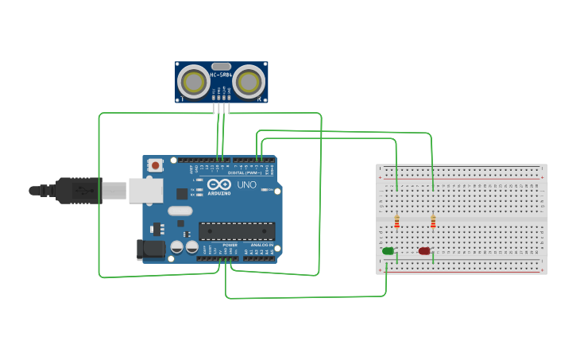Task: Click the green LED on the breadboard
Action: tap(388, 251)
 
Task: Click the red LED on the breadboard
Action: tap(424, 251)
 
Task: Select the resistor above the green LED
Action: tap(396, 221)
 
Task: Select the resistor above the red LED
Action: tap(433, 221)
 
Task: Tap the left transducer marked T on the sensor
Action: tap(193, 81)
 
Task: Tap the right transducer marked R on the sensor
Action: tap(249, 81)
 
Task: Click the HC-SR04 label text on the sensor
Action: tap(221, 75)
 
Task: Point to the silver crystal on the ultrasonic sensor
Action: tap(221, 67)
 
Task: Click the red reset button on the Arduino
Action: tap(156, 165)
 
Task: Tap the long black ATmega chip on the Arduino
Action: tap(237, 231)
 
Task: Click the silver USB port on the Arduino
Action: tap(146, 191)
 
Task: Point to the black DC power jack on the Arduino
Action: tap(149, 250)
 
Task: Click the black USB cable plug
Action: tap(79, 191)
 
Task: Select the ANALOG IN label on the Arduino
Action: tap(261, 245)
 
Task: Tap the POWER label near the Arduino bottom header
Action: tap(230, 245)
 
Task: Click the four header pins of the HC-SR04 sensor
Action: tap(221, 107)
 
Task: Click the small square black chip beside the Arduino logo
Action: tap(182, 193)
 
